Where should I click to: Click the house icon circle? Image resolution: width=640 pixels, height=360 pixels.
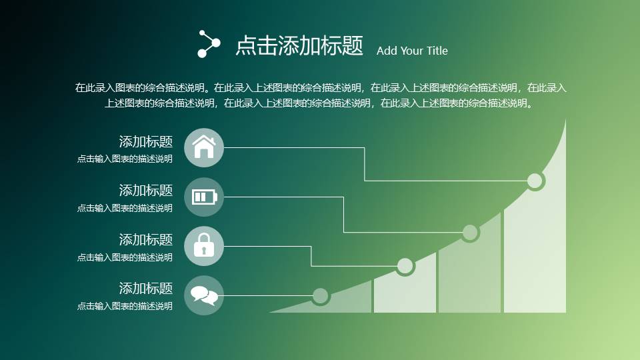[204, 148]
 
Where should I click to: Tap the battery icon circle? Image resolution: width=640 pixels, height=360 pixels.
[204, 197]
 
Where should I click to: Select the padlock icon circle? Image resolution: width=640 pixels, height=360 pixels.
[204, 246]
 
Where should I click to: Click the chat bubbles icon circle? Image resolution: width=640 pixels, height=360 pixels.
[204, 295]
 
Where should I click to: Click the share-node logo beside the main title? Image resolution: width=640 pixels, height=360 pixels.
[209, 44]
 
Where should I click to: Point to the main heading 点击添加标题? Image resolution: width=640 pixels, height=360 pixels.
[299, 45]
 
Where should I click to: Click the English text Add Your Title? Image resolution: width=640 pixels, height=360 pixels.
[412, 51]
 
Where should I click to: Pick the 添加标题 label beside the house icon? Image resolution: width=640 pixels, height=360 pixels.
[146, 141]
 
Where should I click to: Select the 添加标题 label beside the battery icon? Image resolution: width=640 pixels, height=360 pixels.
[146, 191]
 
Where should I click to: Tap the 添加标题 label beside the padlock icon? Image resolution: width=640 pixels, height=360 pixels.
[146, 239]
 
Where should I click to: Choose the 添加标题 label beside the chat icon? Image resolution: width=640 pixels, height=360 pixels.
[146, 289]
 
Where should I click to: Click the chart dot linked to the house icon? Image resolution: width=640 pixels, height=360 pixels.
[535, 181]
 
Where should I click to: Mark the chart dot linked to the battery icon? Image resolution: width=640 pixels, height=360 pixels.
[470, 233]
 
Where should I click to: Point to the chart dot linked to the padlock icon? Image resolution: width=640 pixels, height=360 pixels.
[405, 266]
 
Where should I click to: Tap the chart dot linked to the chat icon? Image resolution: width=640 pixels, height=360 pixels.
[321, 296]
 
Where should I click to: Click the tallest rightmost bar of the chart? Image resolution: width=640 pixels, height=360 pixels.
[535, 253]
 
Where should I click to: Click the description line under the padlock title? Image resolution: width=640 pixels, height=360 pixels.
[125, 257]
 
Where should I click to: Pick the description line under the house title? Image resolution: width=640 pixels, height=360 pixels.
[125, 159]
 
